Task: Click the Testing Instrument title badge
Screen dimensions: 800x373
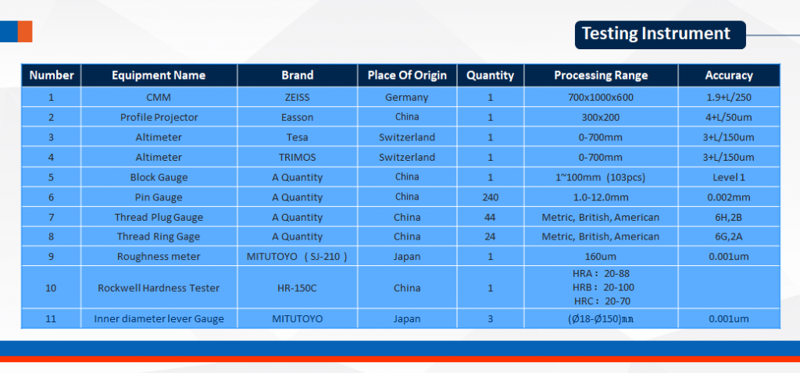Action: (660, 34)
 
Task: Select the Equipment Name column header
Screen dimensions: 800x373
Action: (159, 76)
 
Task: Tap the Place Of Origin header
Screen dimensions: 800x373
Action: (407, 76)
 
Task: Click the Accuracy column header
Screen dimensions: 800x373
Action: (729, 76)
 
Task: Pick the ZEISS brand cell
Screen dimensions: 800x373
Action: (298, 97)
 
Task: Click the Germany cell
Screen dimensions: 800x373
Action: (406, 97)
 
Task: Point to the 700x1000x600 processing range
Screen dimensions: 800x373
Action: (601, 97)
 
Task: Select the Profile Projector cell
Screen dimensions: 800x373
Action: (159, 117)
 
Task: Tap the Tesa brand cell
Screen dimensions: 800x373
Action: (298, 137)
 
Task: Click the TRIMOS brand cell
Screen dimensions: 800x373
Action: (298, 158)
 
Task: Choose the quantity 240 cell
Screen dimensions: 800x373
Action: (491, 197)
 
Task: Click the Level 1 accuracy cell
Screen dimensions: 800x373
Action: (729, 177)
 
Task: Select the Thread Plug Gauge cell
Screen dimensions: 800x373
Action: (159, 218)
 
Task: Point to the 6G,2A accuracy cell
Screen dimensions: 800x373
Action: (729, 237)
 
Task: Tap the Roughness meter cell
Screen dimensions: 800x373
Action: (159, 256)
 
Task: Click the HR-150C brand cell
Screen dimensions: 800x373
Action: (298, 288)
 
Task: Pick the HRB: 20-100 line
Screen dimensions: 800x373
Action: (603, 288)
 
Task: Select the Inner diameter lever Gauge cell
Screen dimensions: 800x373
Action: (159, 319)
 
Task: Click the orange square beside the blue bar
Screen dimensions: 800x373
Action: (25, 31)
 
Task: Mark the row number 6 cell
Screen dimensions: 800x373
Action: (51, 197)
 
